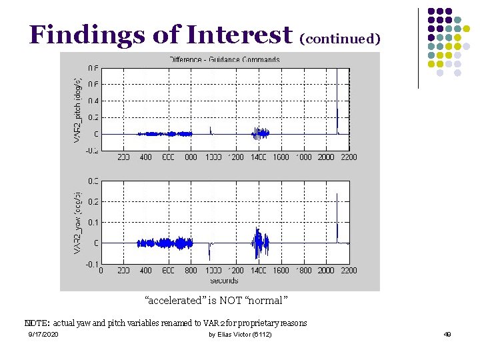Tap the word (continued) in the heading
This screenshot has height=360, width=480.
(340, 39)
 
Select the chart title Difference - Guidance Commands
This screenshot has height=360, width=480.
(224, 59)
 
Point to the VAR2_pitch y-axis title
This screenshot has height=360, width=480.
(77, 109)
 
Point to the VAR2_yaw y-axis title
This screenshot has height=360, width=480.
(77, 222)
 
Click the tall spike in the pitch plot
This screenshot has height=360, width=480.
(337, 100)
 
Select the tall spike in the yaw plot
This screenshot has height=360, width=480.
(337, 213)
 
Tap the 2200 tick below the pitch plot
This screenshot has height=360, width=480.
(349, 157)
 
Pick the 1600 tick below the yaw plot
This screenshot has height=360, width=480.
(281, 271)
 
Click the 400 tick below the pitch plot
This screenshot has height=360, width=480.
(145, 157)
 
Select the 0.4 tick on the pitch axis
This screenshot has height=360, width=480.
(93, 101)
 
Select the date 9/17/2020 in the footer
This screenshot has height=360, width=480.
(43, 334)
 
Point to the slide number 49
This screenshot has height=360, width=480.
(447, 334)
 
